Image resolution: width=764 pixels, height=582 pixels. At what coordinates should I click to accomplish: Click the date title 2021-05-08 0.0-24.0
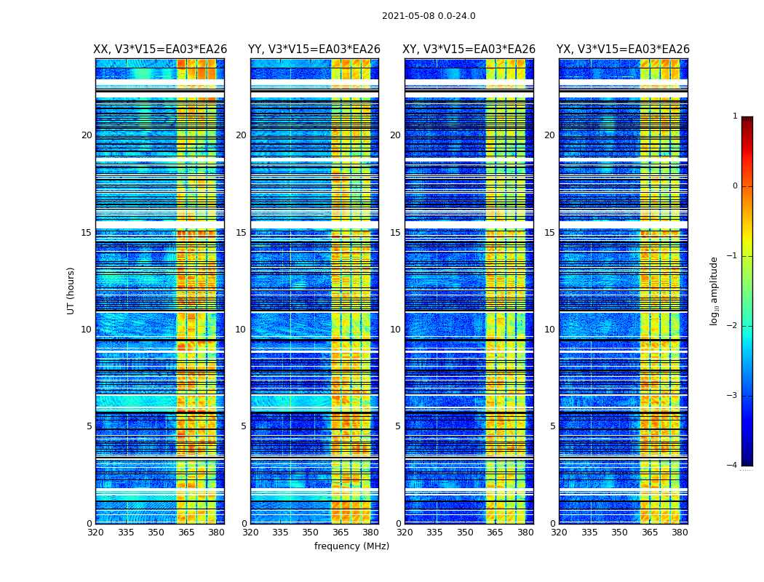(429, 16)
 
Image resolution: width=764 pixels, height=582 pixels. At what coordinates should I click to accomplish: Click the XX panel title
(160, 49)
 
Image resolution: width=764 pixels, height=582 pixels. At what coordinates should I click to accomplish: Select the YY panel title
(314, 49)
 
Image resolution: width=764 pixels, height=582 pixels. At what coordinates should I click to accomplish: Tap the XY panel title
(469, 49)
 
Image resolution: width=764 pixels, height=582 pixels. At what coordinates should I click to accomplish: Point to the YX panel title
(623, 49)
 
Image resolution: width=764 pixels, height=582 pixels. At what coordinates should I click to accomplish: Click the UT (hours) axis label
(71, 290)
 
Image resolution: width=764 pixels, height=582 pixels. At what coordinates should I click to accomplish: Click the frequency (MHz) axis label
(351, 546)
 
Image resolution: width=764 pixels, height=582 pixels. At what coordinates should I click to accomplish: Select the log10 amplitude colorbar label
(715, 290)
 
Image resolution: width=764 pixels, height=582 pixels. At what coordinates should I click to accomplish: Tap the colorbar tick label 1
(735, 116)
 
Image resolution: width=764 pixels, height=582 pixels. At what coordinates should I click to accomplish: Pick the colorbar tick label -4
(733, 466)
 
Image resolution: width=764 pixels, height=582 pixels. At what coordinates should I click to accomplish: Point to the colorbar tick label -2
(733, 326)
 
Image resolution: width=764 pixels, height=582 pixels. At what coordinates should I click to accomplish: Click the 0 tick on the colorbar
(735, 186)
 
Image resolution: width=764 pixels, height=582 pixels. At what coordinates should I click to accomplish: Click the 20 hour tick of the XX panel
(87, 135)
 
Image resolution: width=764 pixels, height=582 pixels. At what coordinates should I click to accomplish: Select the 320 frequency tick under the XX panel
(95, 533)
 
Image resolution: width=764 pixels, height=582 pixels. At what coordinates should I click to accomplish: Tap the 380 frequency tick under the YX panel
(680, 533)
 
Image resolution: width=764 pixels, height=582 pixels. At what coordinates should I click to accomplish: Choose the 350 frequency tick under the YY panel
(311, 533)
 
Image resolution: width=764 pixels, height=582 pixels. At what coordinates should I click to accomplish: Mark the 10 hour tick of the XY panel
(395, 330)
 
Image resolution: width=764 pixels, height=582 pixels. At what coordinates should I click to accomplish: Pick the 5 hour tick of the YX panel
(552, 426)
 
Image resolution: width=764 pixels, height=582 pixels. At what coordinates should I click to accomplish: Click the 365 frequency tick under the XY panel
(495, 533)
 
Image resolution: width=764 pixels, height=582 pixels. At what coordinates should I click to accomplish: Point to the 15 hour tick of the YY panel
(241, 233)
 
